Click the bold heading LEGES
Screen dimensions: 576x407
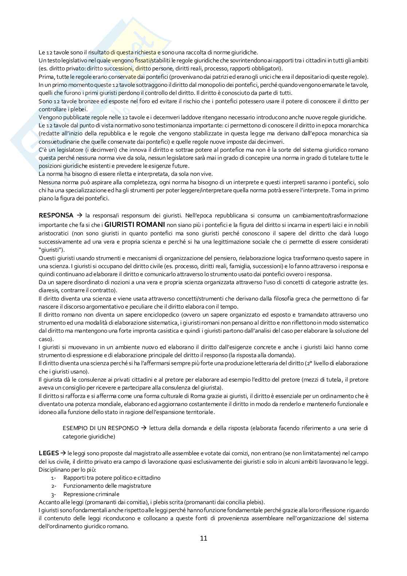pyautogui.click(x=49, y=453)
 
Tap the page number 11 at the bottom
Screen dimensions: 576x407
pyautogui.click(x=204, y=538)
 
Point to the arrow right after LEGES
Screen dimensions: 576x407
pyautogui.click(x=63, y=453)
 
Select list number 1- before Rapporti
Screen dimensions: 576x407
pyautogui.click(x=53, y=478)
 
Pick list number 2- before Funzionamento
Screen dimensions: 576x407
pyautogui.click(x=53, y=486)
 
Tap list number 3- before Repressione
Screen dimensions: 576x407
pyautogui.click(x=53, y=494)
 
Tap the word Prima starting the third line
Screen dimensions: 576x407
pyautogui.click(x=45, y=77)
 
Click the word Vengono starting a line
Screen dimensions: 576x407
pyautogui.click(x=50, y=117)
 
